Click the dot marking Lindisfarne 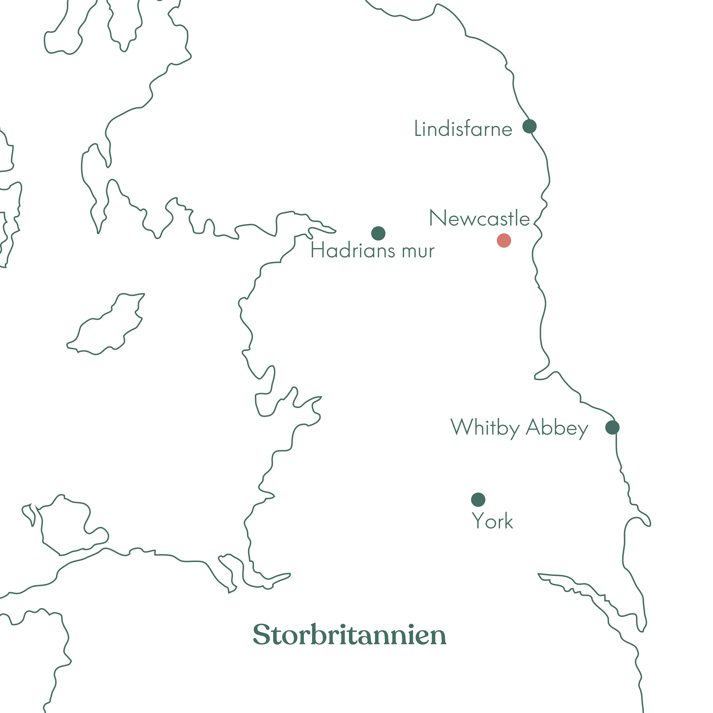pyautogui.click(x=529, y=126)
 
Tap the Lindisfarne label pyautogui.click(x=463, y=129)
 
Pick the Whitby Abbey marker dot pyautogui.click(x=612, y=427)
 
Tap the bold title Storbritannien pyautogui.click(x=350, y=635)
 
